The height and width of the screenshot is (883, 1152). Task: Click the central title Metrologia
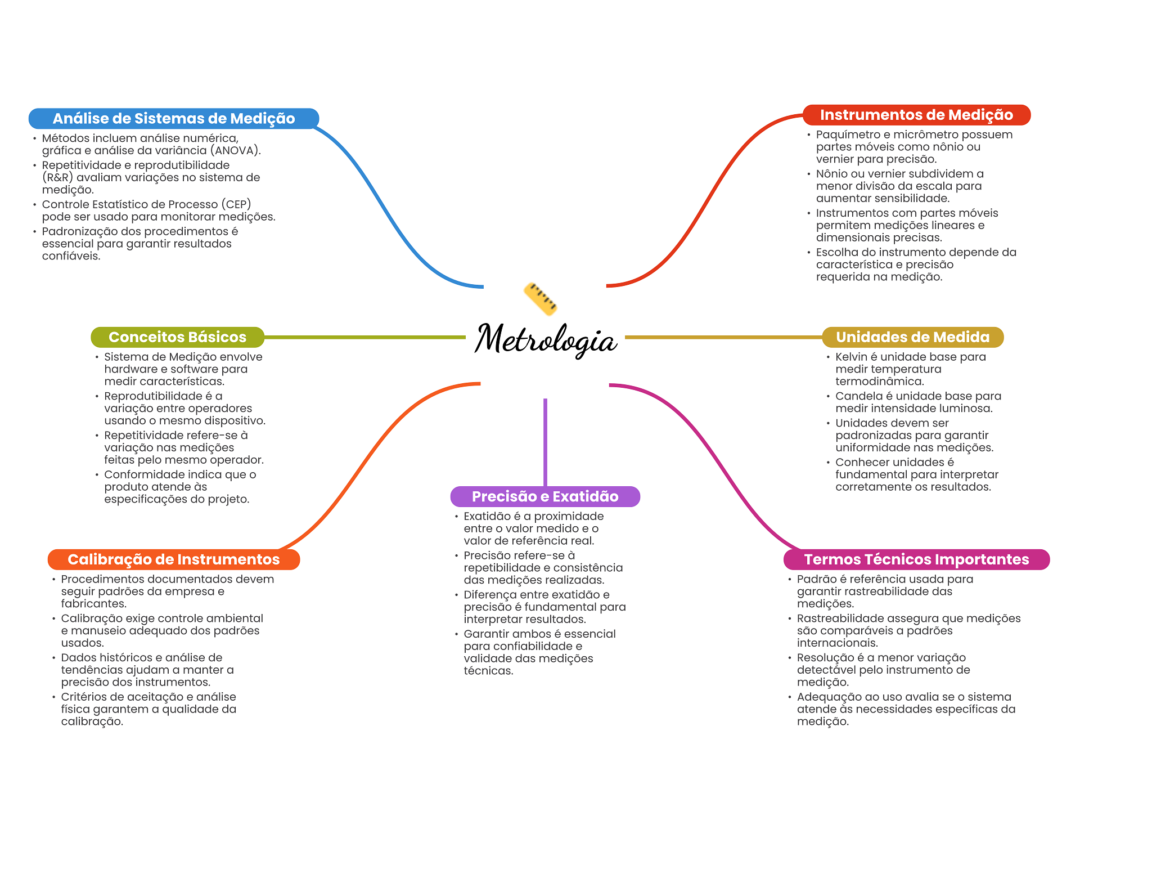pyautogui.click(x=546, y=340)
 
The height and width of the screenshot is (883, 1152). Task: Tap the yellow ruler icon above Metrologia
pyautogui.click(x=541, y=298)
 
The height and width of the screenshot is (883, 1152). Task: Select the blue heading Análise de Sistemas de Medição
pyautogui.click(x=174, y=119)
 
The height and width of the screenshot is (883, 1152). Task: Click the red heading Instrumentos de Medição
pyautogui.click(x=916, y=115)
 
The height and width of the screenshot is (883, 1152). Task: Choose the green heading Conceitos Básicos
pyautogui.click(x=177, y=337)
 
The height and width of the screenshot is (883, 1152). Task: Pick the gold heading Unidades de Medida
pyautogui.click(x=912, y=337)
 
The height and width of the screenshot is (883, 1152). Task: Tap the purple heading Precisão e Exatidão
pyautogui.click(x=545, y=496)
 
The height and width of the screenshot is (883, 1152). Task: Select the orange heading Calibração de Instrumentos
pyautogui.click(x=173, y=559)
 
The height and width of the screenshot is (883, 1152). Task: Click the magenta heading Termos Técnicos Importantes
pyautogui.click(x=916, y=559)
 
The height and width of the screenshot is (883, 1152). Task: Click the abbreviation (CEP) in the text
pyautogui.click(x=236, y=204)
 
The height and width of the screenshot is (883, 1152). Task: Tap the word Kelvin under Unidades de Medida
pyautogui.click(x=852, y=357)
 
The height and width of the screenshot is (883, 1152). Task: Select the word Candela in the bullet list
pyautogui.click(x=855, y=396)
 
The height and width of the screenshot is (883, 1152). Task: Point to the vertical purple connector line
pyautogui.click(x=545, y=442)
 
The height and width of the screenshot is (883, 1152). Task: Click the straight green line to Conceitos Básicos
pyautogui.click(x=365, y=337)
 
